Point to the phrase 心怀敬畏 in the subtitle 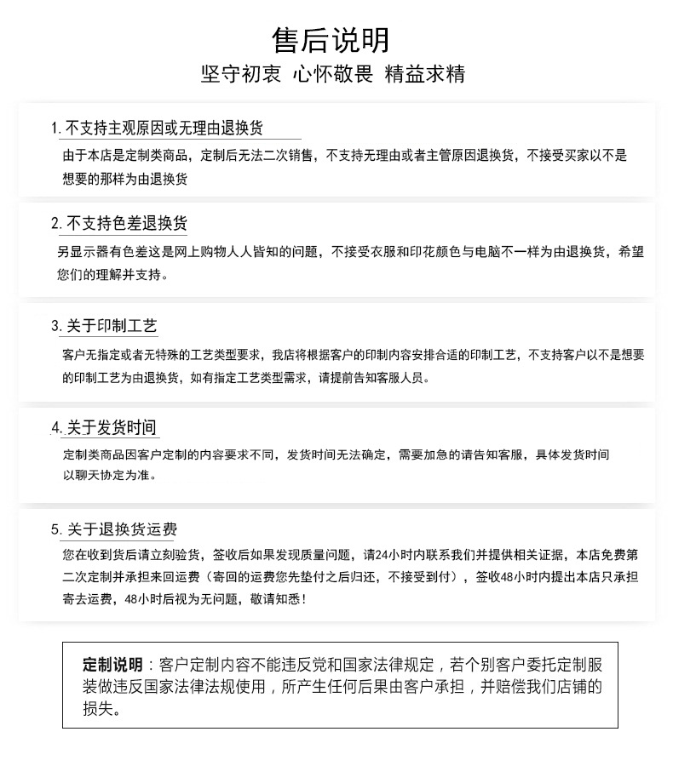click(332, 74)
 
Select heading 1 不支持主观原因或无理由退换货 click(164, 129)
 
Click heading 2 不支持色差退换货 click(127, 224)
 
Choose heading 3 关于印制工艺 click(112, 326)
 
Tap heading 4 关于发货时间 click(112, 427)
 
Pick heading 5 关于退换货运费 click(122, 529)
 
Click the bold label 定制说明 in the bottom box click(113, 665)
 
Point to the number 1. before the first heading click(56, 129)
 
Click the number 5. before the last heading click(56, 530)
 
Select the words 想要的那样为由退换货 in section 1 click(124, 179)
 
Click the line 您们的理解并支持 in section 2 click(110, 275)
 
